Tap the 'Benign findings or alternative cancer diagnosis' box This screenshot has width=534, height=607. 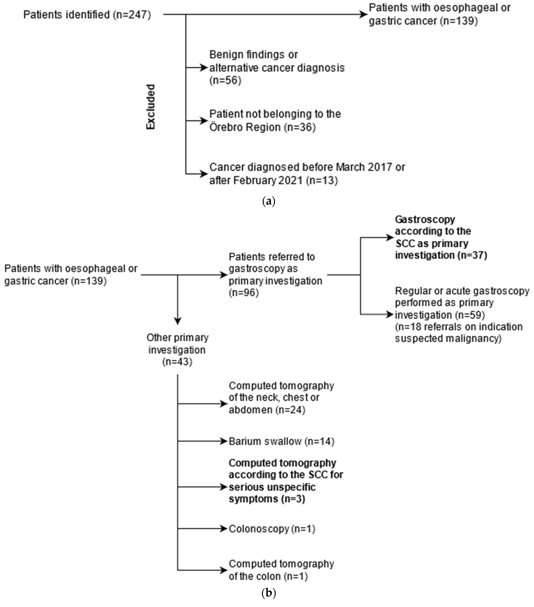[x=277, y=68]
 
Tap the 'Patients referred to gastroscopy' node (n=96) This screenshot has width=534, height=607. [x=275, y=275]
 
